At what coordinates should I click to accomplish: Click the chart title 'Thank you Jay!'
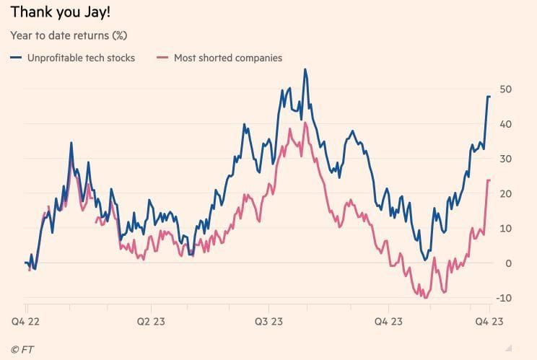pos(60,12)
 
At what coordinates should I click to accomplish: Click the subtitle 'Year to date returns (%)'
pos(69,35)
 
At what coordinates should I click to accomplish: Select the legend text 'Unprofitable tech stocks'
pos(81,58)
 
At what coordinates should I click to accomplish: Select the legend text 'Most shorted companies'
pos(228,58)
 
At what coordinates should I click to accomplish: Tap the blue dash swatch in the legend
pos(16,58)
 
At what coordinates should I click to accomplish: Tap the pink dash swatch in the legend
pos(162,58)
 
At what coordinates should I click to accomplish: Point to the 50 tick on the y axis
pos(506,89)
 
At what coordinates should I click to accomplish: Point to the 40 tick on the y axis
pos(506,124)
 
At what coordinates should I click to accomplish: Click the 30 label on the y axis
pos(506,159)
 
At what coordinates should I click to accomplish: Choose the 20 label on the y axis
pos(506,193)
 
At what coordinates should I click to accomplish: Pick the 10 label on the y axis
pos(506,228)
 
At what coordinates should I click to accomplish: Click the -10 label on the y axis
pos(505,298)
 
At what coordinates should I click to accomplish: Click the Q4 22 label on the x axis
pos(26,321)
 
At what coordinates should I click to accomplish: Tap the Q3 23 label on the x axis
pos(268,321)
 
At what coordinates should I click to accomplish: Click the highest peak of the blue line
pos(305,70)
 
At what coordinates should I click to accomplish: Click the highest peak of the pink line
pos(305,123)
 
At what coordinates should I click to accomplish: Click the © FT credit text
pos(22,348)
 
